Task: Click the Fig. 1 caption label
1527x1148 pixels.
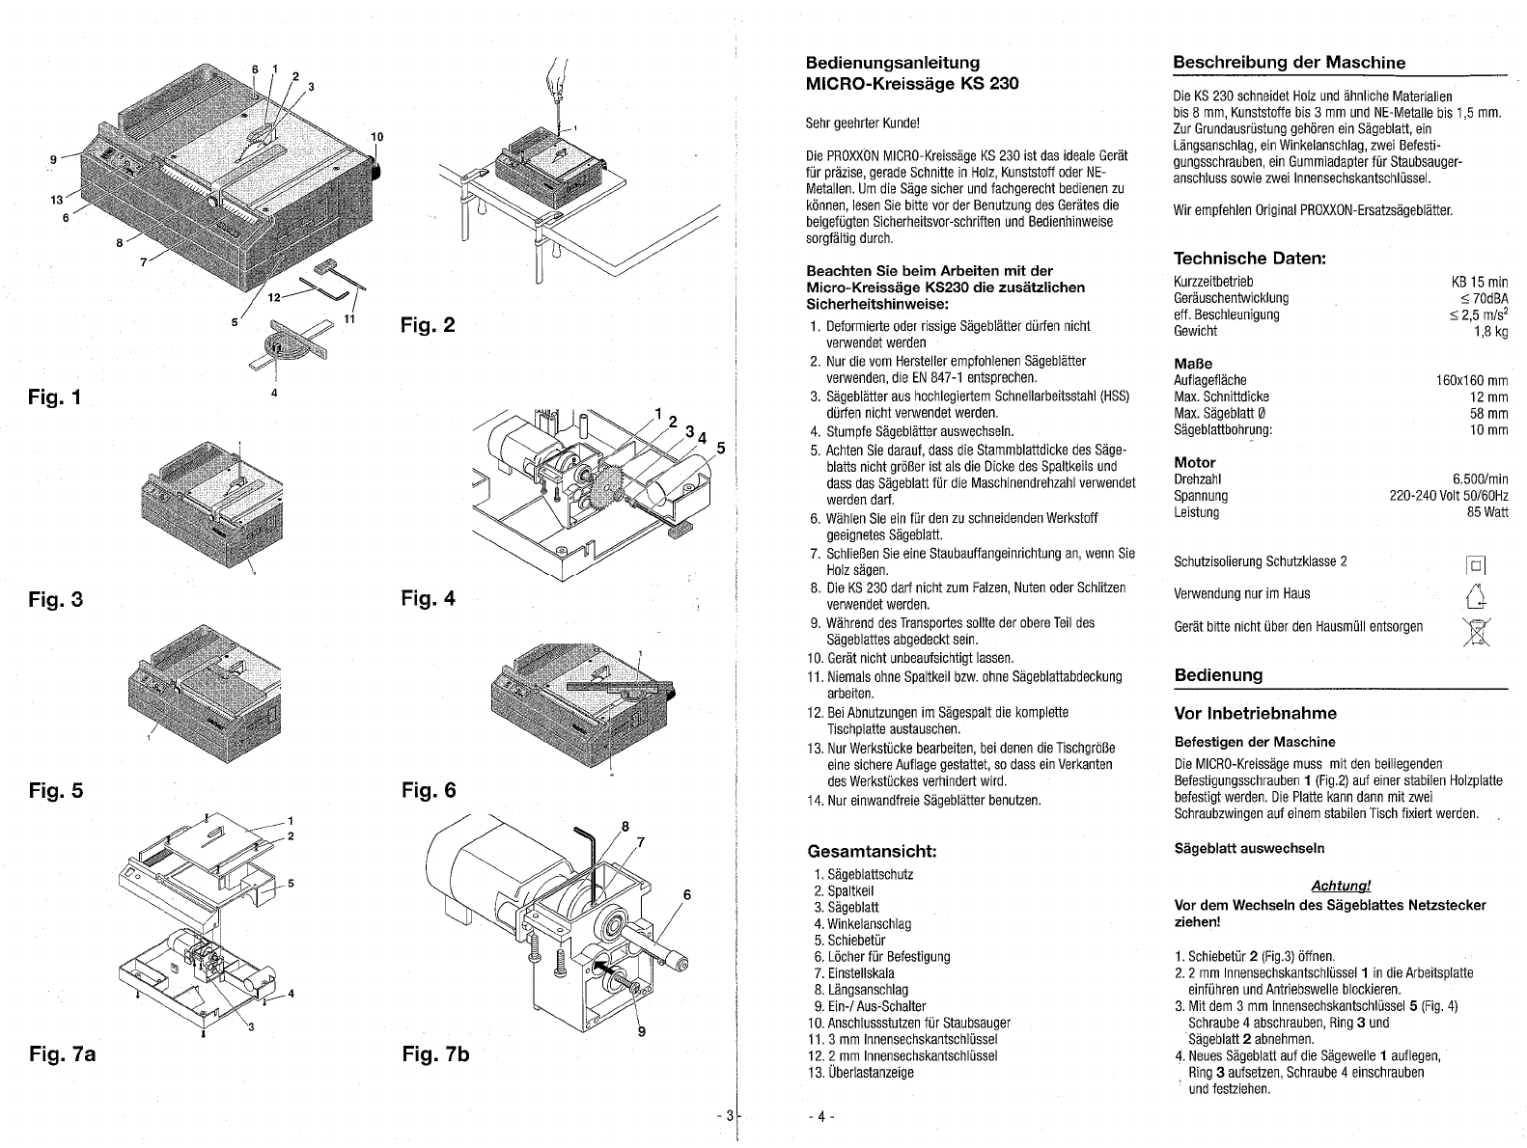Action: coord(55,397)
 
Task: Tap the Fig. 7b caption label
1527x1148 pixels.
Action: coord(435,1054)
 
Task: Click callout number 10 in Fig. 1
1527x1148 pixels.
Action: coord(376,137)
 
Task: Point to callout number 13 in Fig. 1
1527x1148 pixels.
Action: coord(56,201)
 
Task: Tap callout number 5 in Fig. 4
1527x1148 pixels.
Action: coord(721,449)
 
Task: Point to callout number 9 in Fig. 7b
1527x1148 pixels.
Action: coord(642,1032)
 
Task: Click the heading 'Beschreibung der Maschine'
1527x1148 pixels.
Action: coord(1290,63)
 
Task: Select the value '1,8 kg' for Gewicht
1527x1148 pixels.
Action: coord(1491,332)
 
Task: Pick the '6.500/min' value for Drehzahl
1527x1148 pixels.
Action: coord(1480,479)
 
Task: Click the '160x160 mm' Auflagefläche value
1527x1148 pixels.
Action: coord(1472,380)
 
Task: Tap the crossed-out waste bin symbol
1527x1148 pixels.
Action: coord(1476,632)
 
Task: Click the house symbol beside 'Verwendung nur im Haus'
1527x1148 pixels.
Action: coord(1476,596)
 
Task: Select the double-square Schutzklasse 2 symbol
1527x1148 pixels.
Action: coord(1476,564)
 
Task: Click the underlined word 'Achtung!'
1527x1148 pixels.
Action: coord(1341,886)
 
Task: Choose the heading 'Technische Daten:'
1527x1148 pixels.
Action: coord(1250,259)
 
